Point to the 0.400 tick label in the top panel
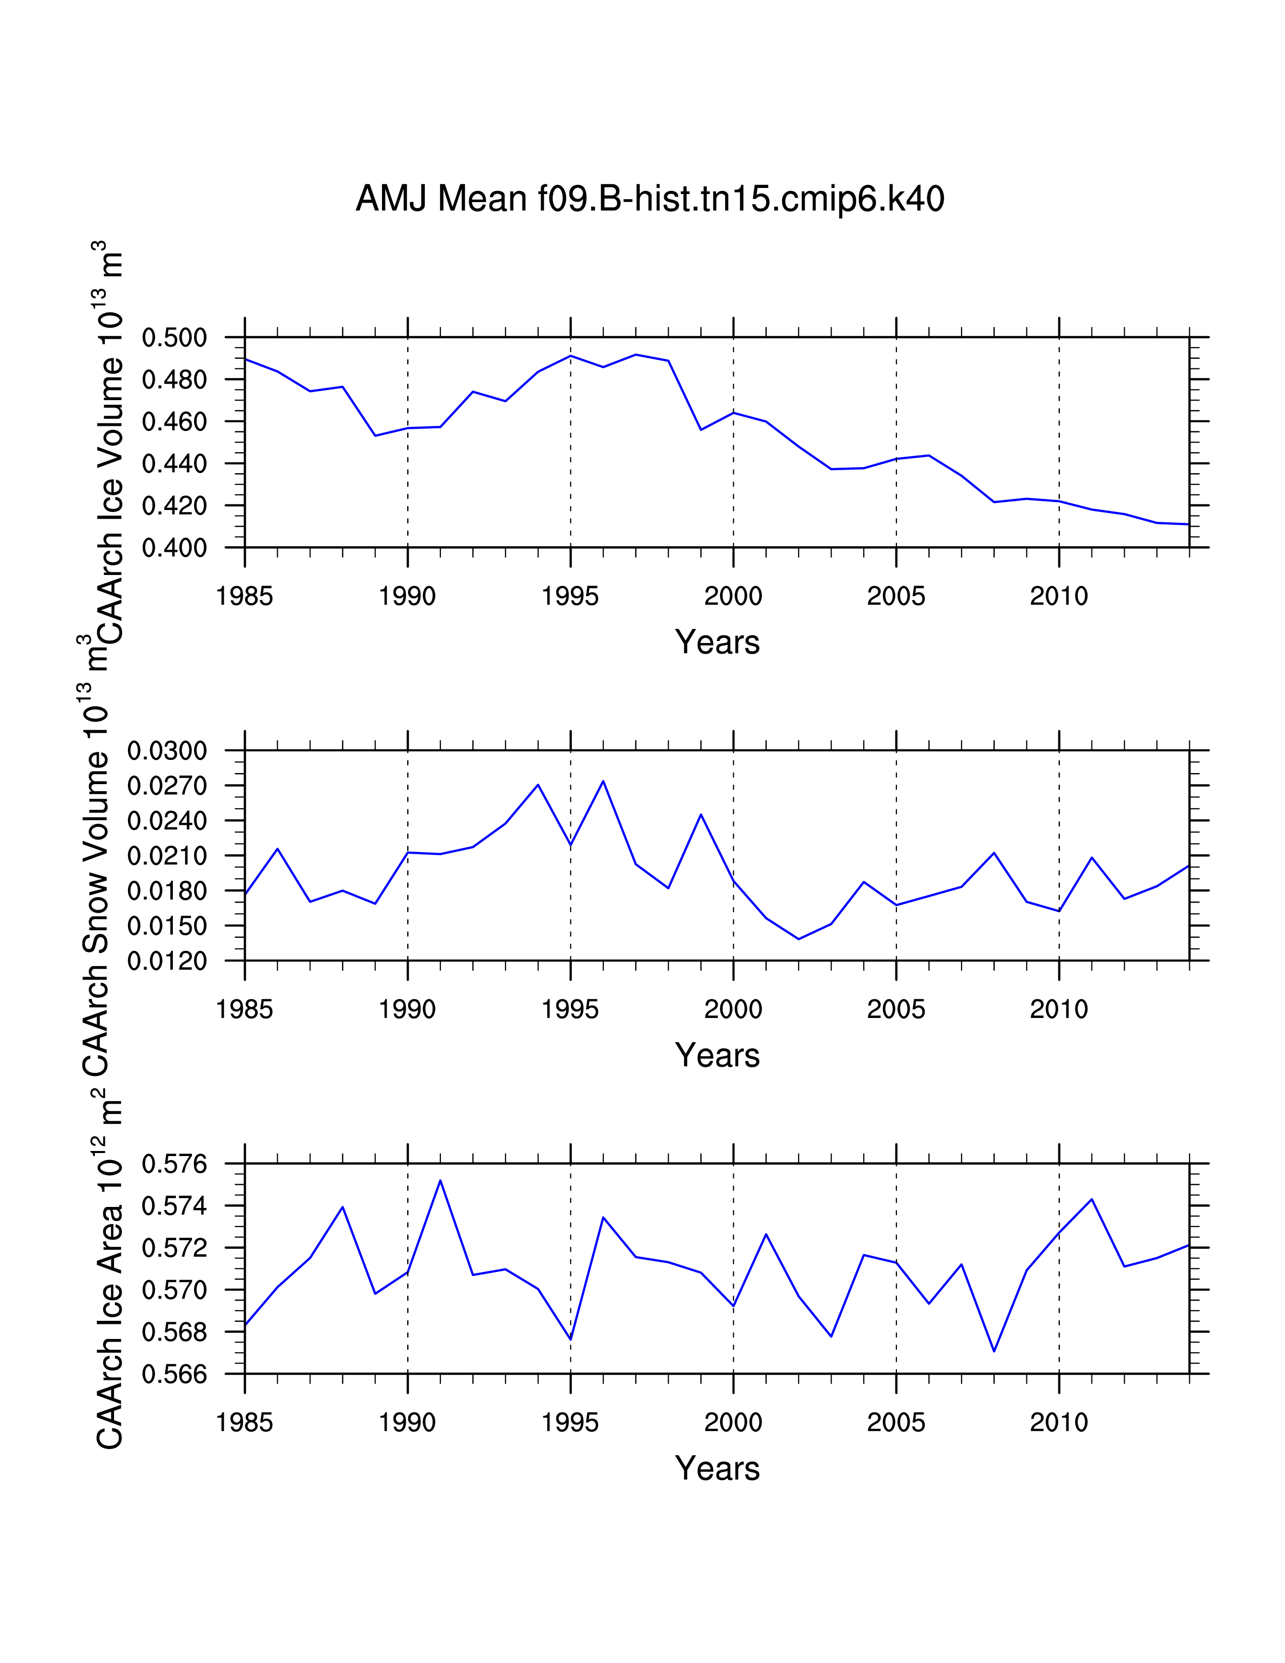coord(174,547)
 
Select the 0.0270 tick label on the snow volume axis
coord(167,786)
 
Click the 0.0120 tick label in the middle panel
coord(167,961)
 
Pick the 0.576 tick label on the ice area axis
coord(174,1164)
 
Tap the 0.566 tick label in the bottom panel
coord(174,1374)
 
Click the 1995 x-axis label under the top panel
coord(570,596)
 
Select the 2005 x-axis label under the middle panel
coord(896,1010)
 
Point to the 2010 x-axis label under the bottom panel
coord(1059,1423)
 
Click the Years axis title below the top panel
coord(717,643)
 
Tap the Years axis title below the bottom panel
coord(717,1469)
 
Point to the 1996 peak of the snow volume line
coord(603,781)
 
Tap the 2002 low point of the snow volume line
coord(799,939)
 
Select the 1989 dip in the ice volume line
coord(375,435)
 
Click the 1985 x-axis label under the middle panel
coord(244,1010)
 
